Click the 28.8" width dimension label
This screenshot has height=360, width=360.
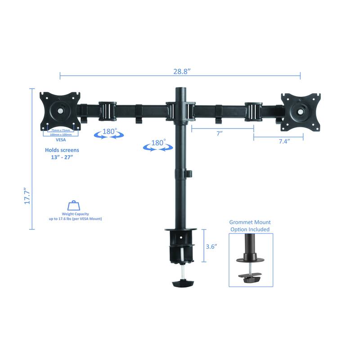click(x=181, y=72)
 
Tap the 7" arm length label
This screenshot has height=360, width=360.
click(x=220, y=134)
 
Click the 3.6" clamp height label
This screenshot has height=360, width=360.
click(x=211, y=247)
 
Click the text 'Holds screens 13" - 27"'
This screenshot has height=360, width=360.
click(x=62, y=154)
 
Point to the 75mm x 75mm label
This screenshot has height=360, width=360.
click(x=60, y=130)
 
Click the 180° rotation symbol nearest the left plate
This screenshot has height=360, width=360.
click(x=108, y=133)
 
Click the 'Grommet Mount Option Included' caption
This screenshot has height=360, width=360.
click(x=250, y=226)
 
